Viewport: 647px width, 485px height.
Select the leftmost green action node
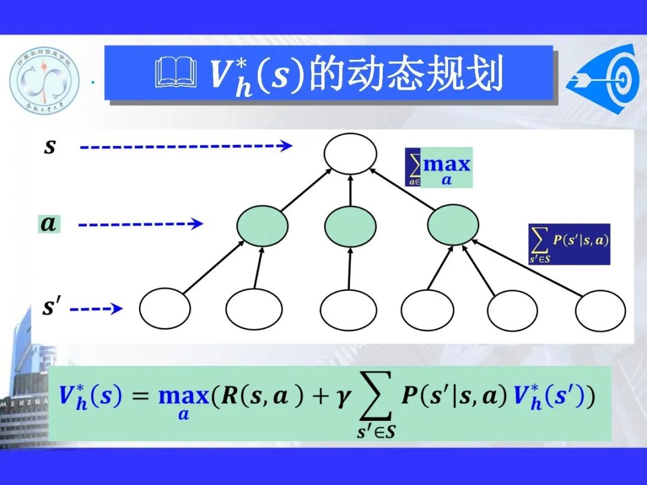(x=262, y=226)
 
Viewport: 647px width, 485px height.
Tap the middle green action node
(x=350, y=226)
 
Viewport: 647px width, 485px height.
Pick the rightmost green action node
(x=453, y=226)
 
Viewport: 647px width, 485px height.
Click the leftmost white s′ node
(x=165, y=309)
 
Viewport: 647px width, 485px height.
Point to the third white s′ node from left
(x=346, y=309)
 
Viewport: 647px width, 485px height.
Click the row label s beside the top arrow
(x=50, y=147)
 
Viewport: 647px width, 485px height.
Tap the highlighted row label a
(x=48, y=225)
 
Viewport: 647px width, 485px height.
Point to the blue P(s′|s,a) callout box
(x=569, y=244)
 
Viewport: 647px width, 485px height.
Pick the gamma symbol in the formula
(x=343, y=399)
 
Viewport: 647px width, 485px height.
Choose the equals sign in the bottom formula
(x=140, y=397)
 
